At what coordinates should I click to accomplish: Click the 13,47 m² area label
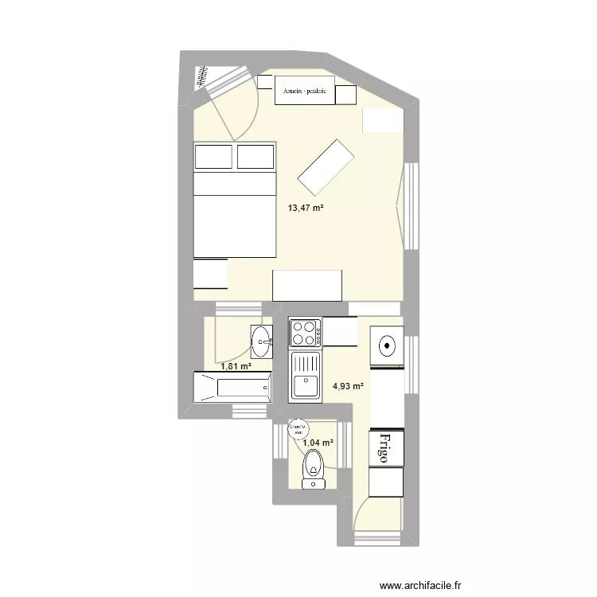pos(306,208)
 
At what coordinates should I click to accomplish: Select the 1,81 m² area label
pos(236,367)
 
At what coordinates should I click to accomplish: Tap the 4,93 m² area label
pos(348,387)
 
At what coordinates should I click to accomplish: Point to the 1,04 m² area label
pos(318,443)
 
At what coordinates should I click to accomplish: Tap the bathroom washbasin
pos(261,342)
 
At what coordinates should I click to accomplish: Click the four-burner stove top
pos(305,333)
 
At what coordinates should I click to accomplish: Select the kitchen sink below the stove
pos(305,376)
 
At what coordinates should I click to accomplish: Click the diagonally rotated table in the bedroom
pos(326,166)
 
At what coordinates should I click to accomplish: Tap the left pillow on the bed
pos(214,156)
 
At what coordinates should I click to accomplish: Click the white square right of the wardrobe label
pos(345,95)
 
